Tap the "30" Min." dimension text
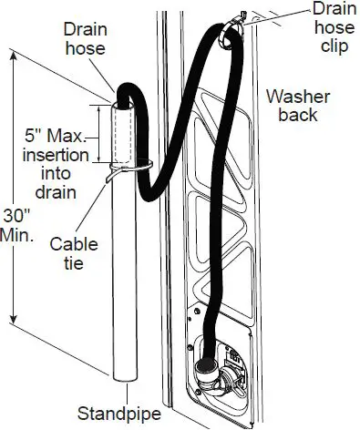coord(20,224)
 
